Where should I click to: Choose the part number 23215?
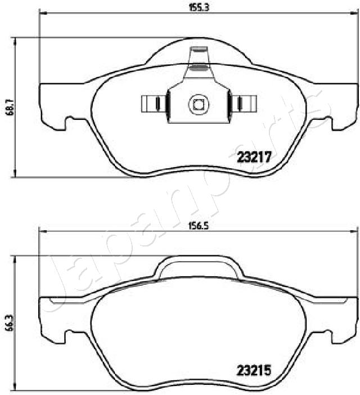click(x=253, y=371)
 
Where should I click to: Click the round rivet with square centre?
click(x=198, y=104)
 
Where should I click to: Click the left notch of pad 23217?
click(x=71, y=123)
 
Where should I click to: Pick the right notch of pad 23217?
click(x=326, y=123)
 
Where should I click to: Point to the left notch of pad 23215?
click(x=71, y=336)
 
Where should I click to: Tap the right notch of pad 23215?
click(x=326, y=336)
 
